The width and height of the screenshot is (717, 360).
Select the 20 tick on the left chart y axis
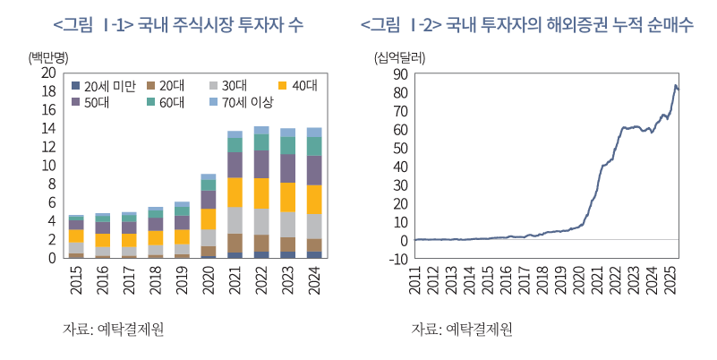pos(48,73)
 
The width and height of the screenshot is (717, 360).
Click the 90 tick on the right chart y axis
pos(400,73)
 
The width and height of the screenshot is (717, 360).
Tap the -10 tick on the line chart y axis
pos(398,259)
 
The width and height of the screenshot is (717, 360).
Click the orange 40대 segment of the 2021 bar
pos(235,192)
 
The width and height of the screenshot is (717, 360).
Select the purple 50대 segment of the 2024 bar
pos(314,170)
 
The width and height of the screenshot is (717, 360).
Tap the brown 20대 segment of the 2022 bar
pos(261,243)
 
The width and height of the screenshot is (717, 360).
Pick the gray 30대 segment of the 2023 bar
pos(287,225)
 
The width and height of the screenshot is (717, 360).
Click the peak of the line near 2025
pos(675,86)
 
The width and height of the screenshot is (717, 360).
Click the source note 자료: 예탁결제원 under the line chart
pos(462,329)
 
